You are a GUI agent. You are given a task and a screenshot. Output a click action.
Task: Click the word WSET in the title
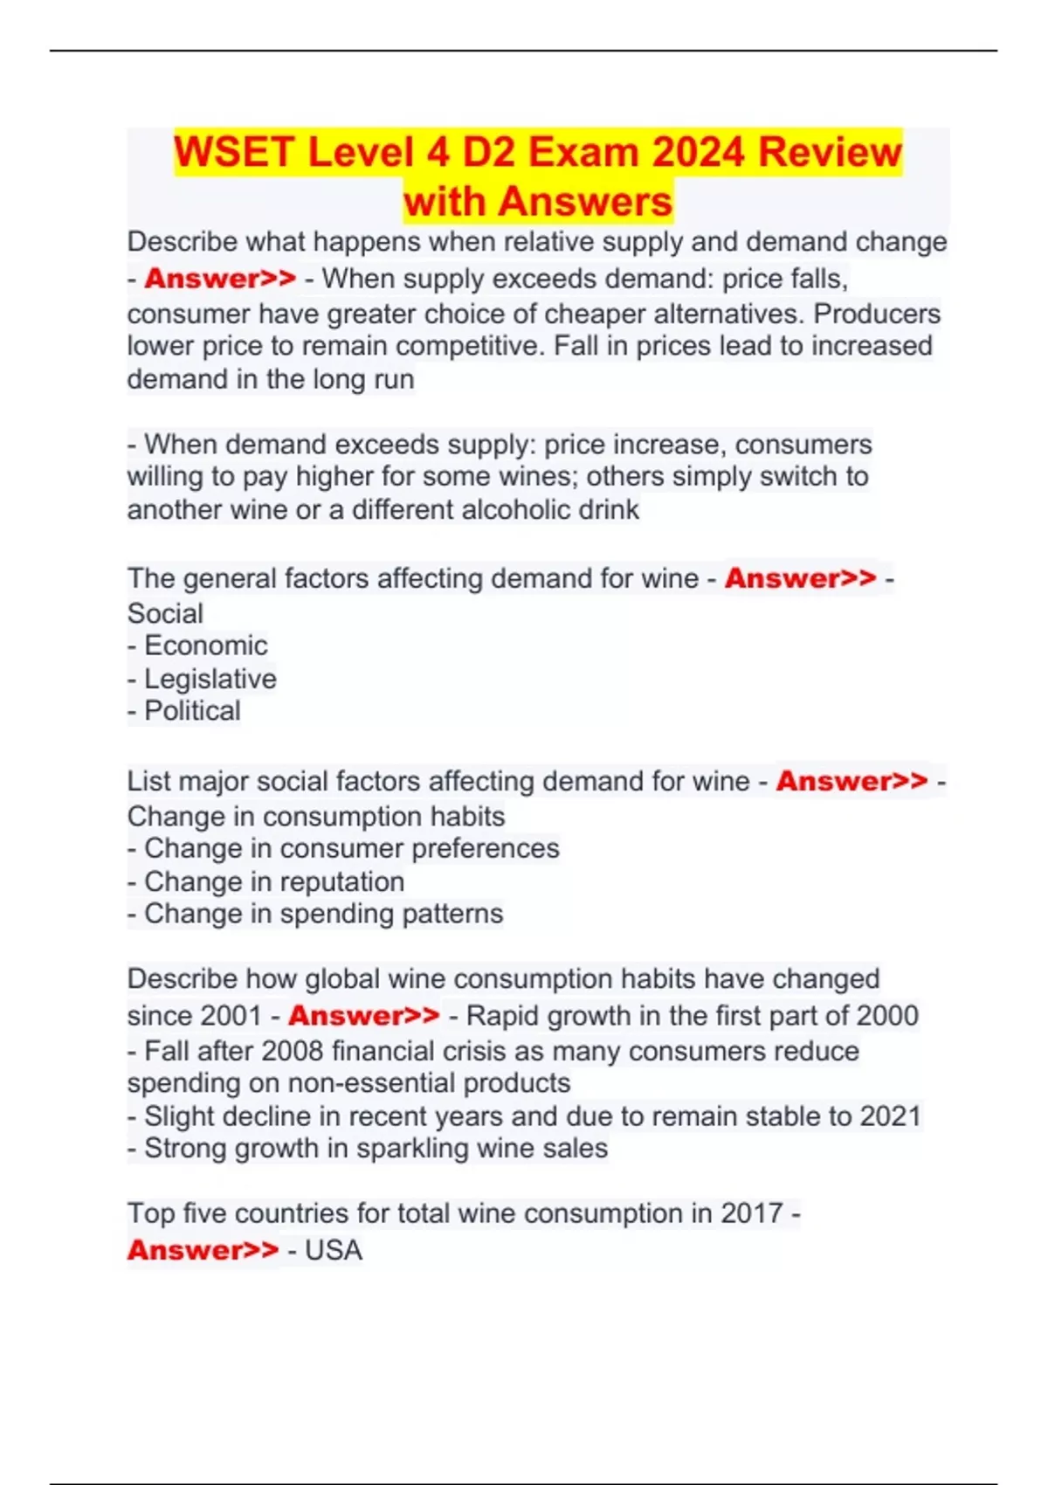point(233,152)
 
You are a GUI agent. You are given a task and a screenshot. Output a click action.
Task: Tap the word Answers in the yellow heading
point(586,201)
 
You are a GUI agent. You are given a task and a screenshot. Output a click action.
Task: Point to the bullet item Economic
point(206,646)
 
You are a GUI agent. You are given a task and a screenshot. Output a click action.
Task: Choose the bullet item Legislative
point(210,679)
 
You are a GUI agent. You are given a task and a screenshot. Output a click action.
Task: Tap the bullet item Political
point(192,711)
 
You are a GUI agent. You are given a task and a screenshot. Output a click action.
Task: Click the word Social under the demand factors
point(165,613)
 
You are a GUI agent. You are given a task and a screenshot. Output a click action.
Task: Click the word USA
point(334,1250)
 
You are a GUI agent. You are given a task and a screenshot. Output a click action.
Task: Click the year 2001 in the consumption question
point(230,1016)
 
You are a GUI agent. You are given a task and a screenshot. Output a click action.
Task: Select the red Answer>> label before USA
point(203,1250)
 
